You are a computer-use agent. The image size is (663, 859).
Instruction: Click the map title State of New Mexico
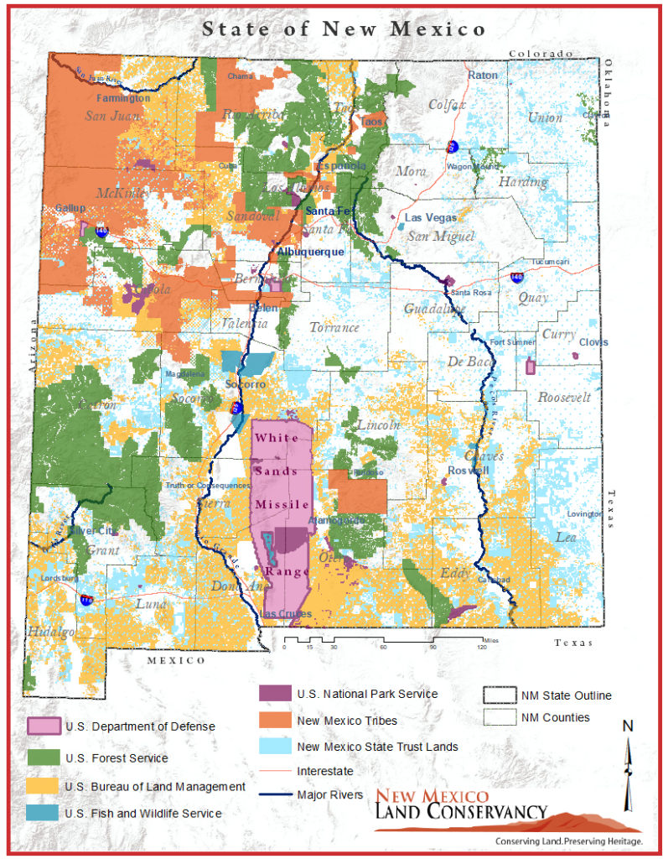pos(343,29)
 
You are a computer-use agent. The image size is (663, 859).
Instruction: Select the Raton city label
pos(482,75)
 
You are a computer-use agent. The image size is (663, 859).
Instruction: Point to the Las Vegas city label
pos(431,217)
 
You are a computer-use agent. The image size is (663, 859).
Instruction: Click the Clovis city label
pos(593,342)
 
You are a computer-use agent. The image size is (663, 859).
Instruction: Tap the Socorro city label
pos(246,384)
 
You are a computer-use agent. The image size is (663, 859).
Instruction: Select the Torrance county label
pos(334,327)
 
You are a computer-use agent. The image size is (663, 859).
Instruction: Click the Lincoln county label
pos(378,425)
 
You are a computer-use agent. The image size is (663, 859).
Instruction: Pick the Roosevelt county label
pos(564,397)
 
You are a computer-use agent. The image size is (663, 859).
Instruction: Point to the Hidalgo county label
pos(49,631)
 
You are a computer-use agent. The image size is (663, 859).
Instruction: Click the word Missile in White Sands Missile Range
pos(282,504)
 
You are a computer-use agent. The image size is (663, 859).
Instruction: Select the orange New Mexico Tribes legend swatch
pos(275,721)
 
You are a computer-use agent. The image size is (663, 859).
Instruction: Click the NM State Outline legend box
pos(497,695)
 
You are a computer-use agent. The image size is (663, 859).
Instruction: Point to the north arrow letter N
pos(627,726)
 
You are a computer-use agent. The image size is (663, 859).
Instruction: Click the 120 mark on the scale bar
pos(482,647)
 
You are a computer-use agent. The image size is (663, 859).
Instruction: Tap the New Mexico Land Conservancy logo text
pos(460,804)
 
